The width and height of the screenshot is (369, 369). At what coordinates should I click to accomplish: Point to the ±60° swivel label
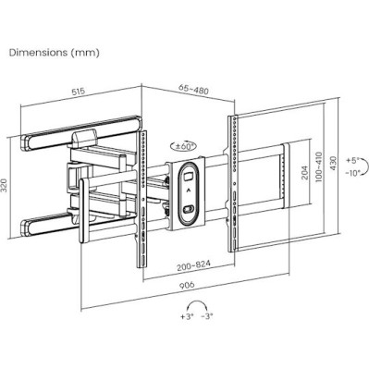point(184,145)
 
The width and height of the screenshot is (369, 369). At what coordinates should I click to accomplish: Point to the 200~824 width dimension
point(196,264)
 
